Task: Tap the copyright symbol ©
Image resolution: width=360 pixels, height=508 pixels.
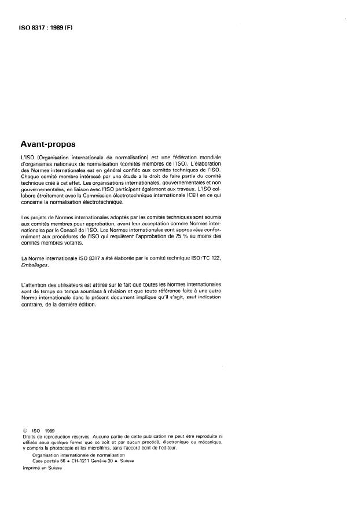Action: point(23,430)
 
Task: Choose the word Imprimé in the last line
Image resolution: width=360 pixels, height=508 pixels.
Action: point(30,467)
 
